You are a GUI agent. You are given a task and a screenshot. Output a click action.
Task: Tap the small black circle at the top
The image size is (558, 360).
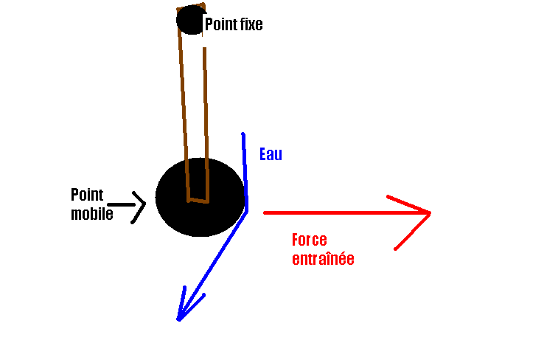pos(191,20)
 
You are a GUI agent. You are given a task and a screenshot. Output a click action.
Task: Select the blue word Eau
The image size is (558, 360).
pos(271,155)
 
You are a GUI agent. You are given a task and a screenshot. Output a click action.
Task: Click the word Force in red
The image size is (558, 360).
pos(309,240)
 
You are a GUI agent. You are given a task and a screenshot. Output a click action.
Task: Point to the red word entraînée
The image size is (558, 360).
pos(323,259)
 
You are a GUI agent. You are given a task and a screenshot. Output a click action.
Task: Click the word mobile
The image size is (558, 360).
pos(91,215)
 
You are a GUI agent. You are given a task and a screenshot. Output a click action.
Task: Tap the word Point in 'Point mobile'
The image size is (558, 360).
pos(87,195)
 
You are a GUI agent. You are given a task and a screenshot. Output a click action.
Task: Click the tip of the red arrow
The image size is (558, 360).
pos(429,212)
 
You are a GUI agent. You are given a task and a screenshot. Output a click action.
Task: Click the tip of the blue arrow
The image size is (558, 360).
pos(178,319)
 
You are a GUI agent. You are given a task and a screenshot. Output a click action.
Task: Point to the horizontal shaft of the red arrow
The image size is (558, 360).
pos(339,212)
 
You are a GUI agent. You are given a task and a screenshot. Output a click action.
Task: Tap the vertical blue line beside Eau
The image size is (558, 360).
pos(244,170)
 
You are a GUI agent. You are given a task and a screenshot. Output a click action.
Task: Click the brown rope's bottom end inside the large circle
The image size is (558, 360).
pos(198,199)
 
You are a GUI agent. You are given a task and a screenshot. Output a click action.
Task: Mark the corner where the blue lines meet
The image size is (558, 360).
pos(246,210)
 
